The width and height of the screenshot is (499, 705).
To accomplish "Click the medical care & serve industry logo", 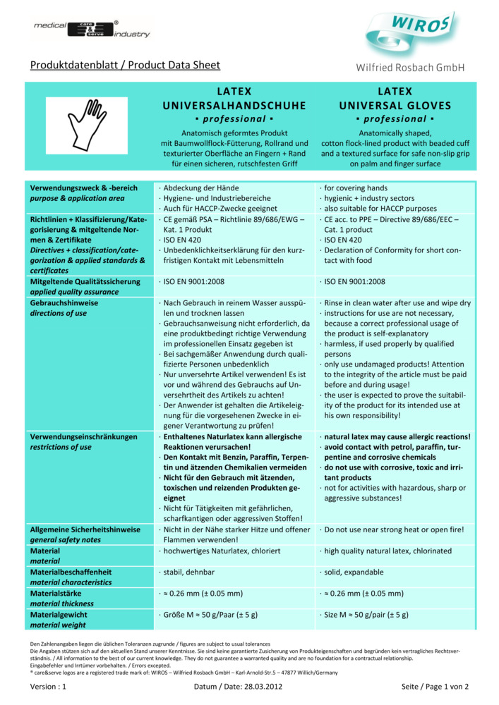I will point(91,29).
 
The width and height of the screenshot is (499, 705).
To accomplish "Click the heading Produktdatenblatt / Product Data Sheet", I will point(125,66).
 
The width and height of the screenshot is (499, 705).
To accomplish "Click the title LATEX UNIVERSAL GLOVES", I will point(395,99).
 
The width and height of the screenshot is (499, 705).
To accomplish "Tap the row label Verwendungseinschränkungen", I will point(83,437).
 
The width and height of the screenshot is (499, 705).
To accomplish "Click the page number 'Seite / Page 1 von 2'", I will point(435,686).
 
